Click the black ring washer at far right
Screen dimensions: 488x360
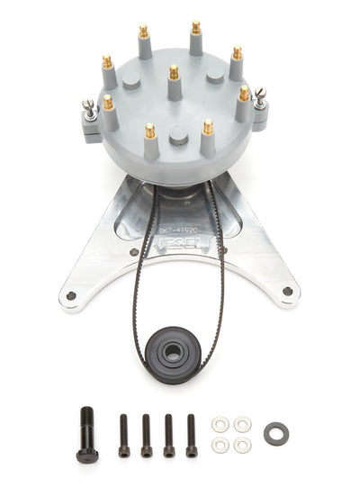pos(275,433)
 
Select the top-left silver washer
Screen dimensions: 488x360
pos(220,423)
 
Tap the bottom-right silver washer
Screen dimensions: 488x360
pos(242,444)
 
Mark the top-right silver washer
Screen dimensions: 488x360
pos(242,423)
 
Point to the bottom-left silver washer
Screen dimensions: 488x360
pos(220,444)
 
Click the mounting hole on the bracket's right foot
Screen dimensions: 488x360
pos(287,291)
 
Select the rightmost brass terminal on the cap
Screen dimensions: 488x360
pos(244,94)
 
